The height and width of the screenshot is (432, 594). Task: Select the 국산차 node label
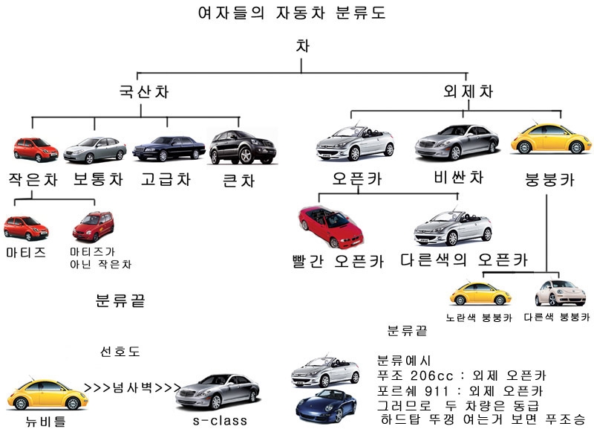pyautogui.click(x=143, y=93)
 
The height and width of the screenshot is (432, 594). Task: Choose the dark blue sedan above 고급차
pyautogui.click(x=169, y=148)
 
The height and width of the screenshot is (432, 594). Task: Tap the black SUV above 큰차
pyautogui.click(x=237, y=146)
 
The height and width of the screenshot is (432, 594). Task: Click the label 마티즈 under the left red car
pyautogui.click(x=25, y=252)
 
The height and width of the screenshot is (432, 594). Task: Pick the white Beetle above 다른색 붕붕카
pyautogui.click(x=561, y=293)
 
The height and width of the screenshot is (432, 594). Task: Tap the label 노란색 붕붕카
pyautogui.click(x=479, y=317)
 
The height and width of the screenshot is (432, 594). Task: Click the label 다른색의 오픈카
pyautogui.click(x=463, y=260)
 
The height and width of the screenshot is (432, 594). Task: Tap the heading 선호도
pyautogui.click(x=120, y=350)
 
